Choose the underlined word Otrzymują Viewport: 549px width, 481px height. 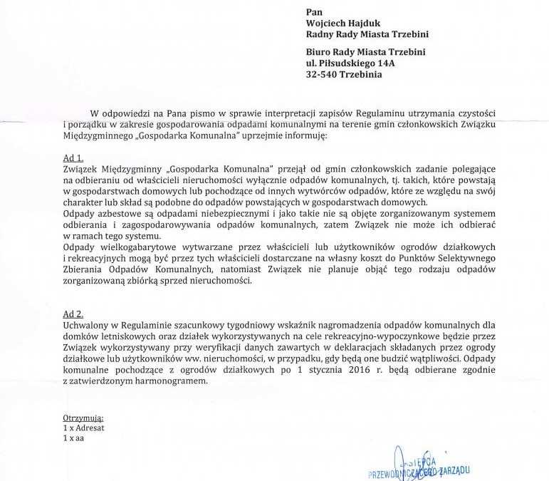[83, 418]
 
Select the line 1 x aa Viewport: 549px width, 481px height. [75, 438]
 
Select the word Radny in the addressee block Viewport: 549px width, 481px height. [320, 34]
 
